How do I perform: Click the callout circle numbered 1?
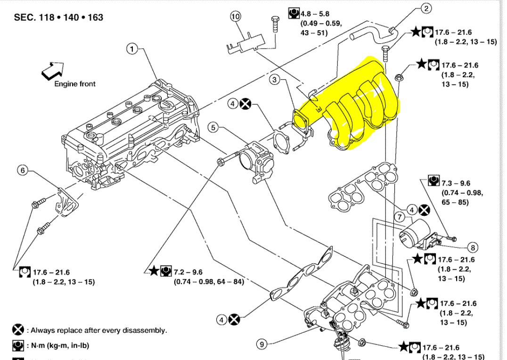click(132, 49)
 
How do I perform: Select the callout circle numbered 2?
click(425, 8)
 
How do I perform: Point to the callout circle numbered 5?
click(213, 127)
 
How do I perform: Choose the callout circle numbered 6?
click(22, 170)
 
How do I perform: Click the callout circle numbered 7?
click(399, 217)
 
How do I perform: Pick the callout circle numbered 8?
click(472, 246)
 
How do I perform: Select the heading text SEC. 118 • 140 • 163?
click(58, 17)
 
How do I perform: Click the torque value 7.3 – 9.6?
click(456, 183)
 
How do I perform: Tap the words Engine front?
click(74, 84)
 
